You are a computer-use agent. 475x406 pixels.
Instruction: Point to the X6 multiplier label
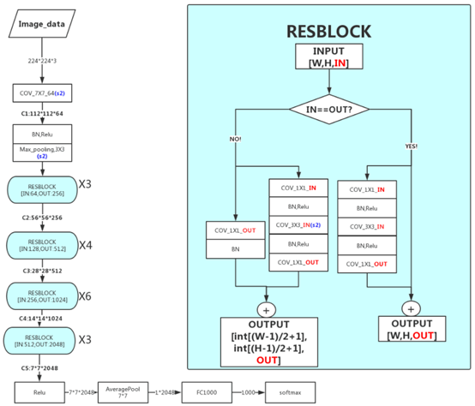tap(87, 296)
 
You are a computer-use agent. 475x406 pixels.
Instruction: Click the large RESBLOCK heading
tap(330, 32)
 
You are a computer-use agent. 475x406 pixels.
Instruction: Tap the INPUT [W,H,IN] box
tap(330, 58)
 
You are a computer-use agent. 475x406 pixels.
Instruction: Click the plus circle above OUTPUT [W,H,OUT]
tap(411, 308)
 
